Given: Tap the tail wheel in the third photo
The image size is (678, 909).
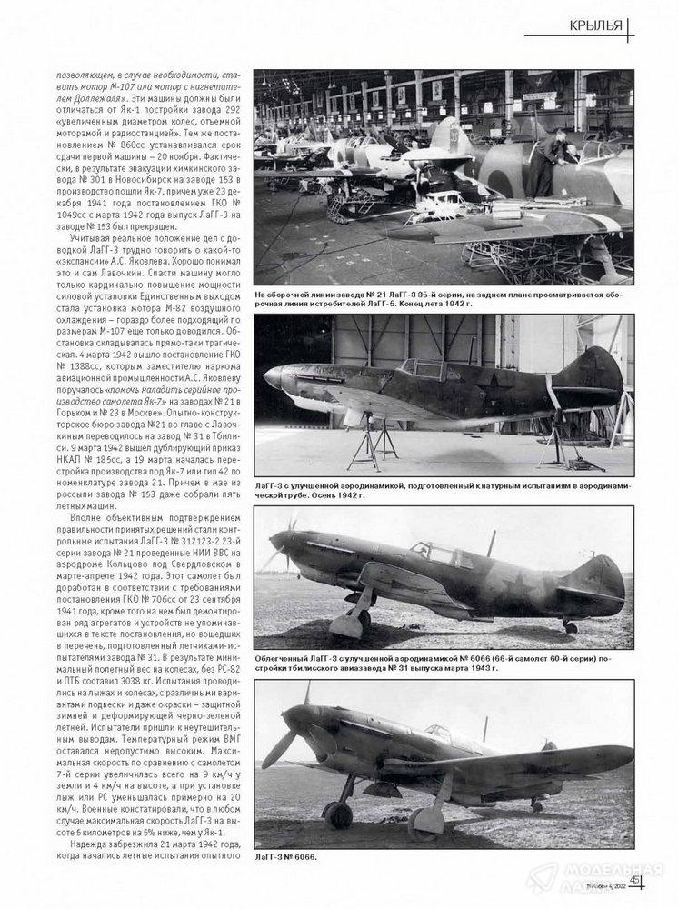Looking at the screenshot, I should [570, 626].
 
